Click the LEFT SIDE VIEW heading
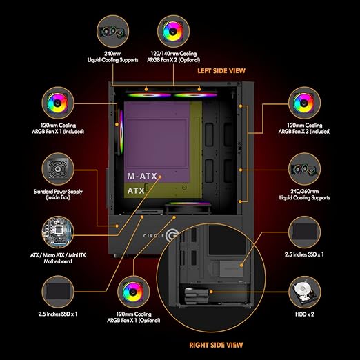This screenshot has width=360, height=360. pos(221,71)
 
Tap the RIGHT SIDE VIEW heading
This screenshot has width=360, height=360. pos(216,345)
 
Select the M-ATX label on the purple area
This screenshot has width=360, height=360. pos(142,177)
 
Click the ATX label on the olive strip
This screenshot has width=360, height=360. pos(136,190)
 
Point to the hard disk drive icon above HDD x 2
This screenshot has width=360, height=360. pos(305,292)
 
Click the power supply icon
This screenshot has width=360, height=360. pos(58,169)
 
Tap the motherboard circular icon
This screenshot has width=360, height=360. pos(58,232)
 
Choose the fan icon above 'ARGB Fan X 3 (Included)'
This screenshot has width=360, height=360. pos(305,103)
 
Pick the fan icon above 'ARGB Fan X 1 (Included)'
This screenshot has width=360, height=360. pos(58,103)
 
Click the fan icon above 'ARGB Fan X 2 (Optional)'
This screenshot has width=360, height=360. pos(173,31)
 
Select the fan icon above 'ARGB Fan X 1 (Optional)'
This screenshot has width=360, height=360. pos(133,292)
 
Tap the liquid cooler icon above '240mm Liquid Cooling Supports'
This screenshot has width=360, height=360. pos(112,31)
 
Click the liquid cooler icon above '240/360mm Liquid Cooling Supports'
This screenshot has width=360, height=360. pos(305,169)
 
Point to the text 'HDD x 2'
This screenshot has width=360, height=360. pos(305,314)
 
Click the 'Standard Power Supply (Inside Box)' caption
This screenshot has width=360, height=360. pos(58,194)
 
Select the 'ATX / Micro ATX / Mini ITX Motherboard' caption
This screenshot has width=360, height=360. pos(58,258)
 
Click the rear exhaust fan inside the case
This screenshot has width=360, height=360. pos(121,132)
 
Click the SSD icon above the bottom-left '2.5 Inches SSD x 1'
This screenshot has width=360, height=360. pos(58,292)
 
